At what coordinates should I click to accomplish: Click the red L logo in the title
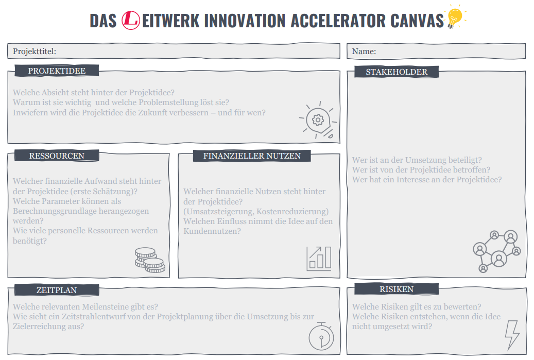131,20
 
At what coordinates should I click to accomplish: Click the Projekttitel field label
35,51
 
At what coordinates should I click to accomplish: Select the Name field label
364,51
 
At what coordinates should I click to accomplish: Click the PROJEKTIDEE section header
57,71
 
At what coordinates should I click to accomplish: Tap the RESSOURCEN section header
57,156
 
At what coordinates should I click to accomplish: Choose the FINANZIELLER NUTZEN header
252,156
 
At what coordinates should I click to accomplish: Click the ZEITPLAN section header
57,290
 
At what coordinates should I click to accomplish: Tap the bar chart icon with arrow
319,258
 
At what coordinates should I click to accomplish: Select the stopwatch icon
321,337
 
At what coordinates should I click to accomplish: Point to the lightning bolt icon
512,335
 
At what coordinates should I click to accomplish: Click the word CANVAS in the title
418,21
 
